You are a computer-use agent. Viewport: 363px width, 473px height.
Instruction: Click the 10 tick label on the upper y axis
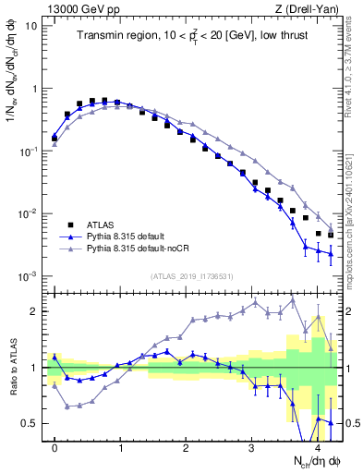click(x=30, y=26)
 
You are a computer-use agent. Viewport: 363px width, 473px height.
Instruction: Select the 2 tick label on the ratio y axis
click(x=33, y=311)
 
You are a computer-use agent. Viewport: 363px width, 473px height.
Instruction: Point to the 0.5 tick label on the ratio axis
click(x=30, y=423)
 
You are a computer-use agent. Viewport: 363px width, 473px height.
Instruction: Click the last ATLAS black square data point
click(x=331, y=235)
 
